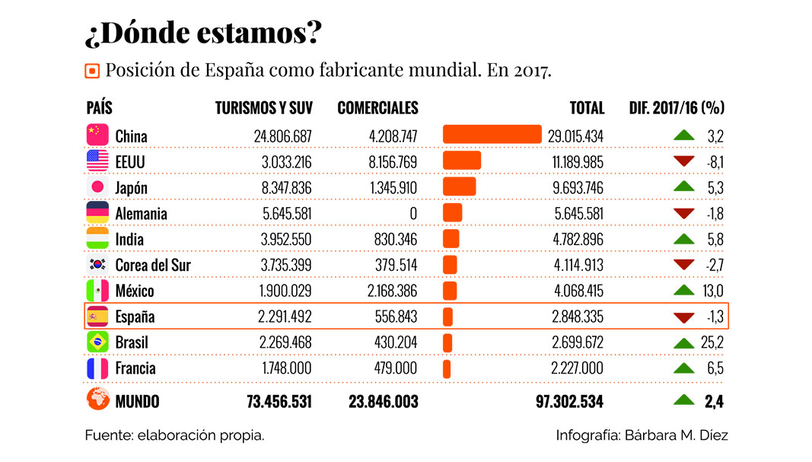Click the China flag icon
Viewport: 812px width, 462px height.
pos(97,135)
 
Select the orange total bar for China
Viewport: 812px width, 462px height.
pos(492,135)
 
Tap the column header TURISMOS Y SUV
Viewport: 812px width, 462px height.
pos(263,108)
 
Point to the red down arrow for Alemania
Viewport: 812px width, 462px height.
pos(684,213)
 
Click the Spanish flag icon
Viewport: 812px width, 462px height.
pos(97,316)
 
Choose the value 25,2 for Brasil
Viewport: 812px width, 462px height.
pos(712,343)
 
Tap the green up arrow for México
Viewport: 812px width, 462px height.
pos(684,291)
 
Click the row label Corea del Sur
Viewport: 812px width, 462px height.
pos(153,265)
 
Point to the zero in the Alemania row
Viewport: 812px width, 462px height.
pos(413,214)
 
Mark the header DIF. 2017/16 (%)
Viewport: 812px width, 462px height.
pos(676,108)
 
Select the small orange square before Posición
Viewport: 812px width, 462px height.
pos(92,72)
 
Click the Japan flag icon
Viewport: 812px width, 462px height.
pos(97,187)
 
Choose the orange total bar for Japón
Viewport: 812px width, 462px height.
pos(459,187)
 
